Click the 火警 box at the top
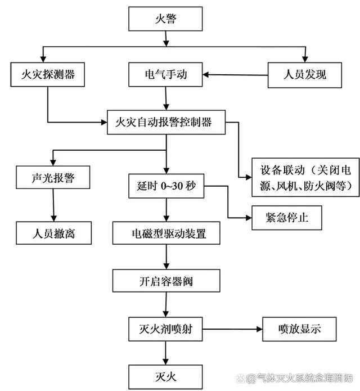(x=165, y=19)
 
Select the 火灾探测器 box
(x=47, y=74)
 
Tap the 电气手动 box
(x=165, y=74)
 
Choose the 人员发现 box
(x=304, y=74)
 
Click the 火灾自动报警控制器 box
(x=166, y=122)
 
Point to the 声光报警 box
(x=53, y=178)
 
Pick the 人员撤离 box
(x=53, y=232)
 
